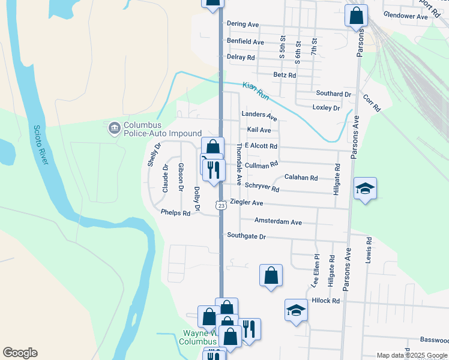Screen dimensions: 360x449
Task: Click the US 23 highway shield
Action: pyautogui.click(x=221, y=206)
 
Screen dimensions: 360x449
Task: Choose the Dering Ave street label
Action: pyautogui.click(x=243, y=24)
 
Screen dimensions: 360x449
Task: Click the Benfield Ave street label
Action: pyautogui.click(x=246, y=42)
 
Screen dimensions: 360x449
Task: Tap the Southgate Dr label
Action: pyautogui.click(x=246, y=236)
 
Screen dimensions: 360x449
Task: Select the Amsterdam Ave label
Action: pyautogui.click(x=278, y=221)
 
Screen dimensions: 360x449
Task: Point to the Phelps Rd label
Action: pyautogui.click(x=175, y=212)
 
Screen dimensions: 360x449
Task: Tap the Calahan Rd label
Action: pyautogui.click(x=301, y=178)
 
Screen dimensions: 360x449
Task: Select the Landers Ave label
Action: pyautogui.click(x=259, y=114)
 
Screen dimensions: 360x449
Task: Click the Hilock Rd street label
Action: pyautogui.click(x=326, y=301)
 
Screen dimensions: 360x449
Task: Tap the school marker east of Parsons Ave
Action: pyautogui.click(x=365, y=189)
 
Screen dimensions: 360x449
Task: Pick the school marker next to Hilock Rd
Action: pyautogui.click(x=296, y=310)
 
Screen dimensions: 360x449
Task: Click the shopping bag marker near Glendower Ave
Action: pyautogui.click(x=356, y=15)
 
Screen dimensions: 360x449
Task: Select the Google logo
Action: pyautogui.click(x=20, y=353)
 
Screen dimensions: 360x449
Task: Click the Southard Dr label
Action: pyautogui.click(x=333, y=94)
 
